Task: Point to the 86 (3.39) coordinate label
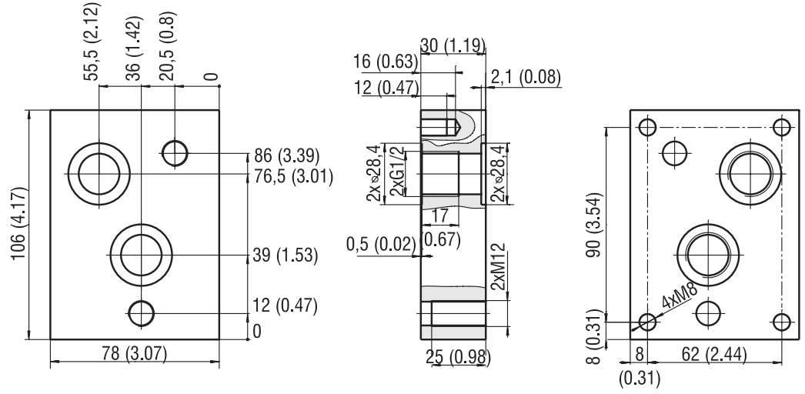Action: click(x=286, y=154)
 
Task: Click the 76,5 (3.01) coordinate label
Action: click(x=293, y=175)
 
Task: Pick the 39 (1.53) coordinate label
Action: click(x=286, y=255)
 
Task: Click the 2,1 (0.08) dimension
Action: click(x=526, y=77)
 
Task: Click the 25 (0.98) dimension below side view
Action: click(x=458, y=358)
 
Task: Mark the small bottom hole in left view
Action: click(x=141, y=312)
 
